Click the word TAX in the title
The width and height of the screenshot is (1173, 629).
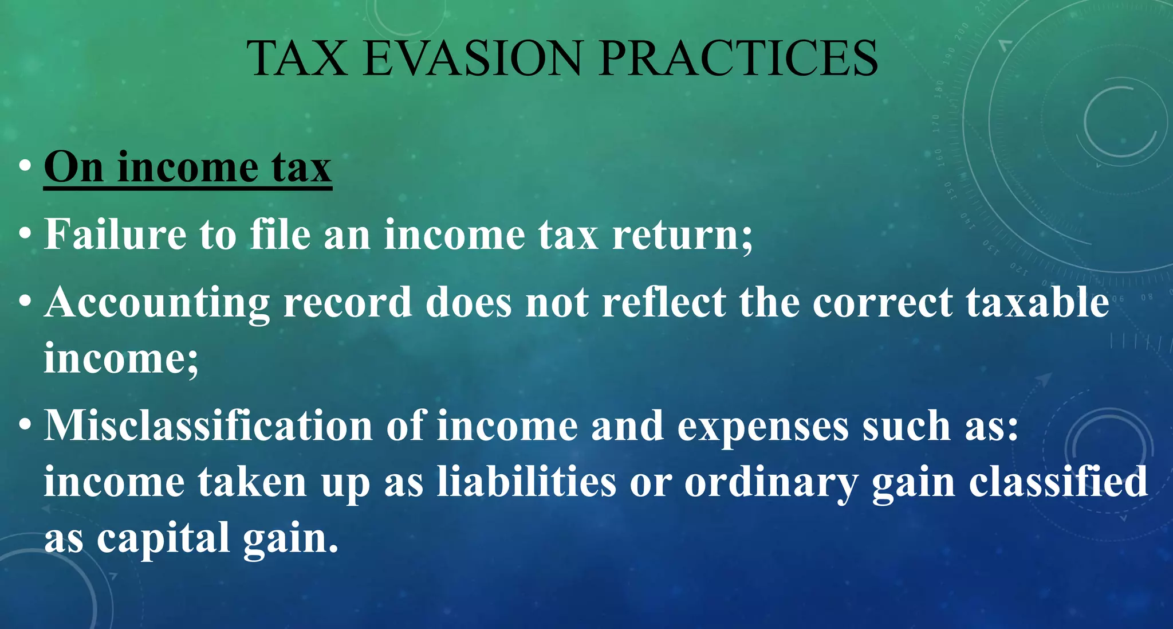pos(297,58)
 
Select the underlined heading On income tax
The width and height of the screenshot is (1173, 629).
pos(188,167)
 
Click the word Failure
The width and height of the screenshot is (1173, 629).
pos(115,235)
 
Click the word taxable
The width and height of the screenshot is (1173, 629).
pos(1037,303)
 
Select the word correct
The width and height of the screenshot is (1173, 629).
pos(882,303)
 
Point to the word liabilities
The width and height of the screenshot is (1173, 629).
pos(526,482)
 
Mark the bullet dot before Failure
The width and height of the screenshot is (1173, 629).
pos(25,235)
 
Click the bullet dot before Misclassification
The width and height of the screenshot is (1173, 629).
pos(25,426)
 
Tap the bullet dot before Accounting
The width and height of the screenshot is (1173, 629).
pos(25,303)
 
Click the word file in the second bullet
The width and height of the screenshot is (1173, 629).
pos(281,235)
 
